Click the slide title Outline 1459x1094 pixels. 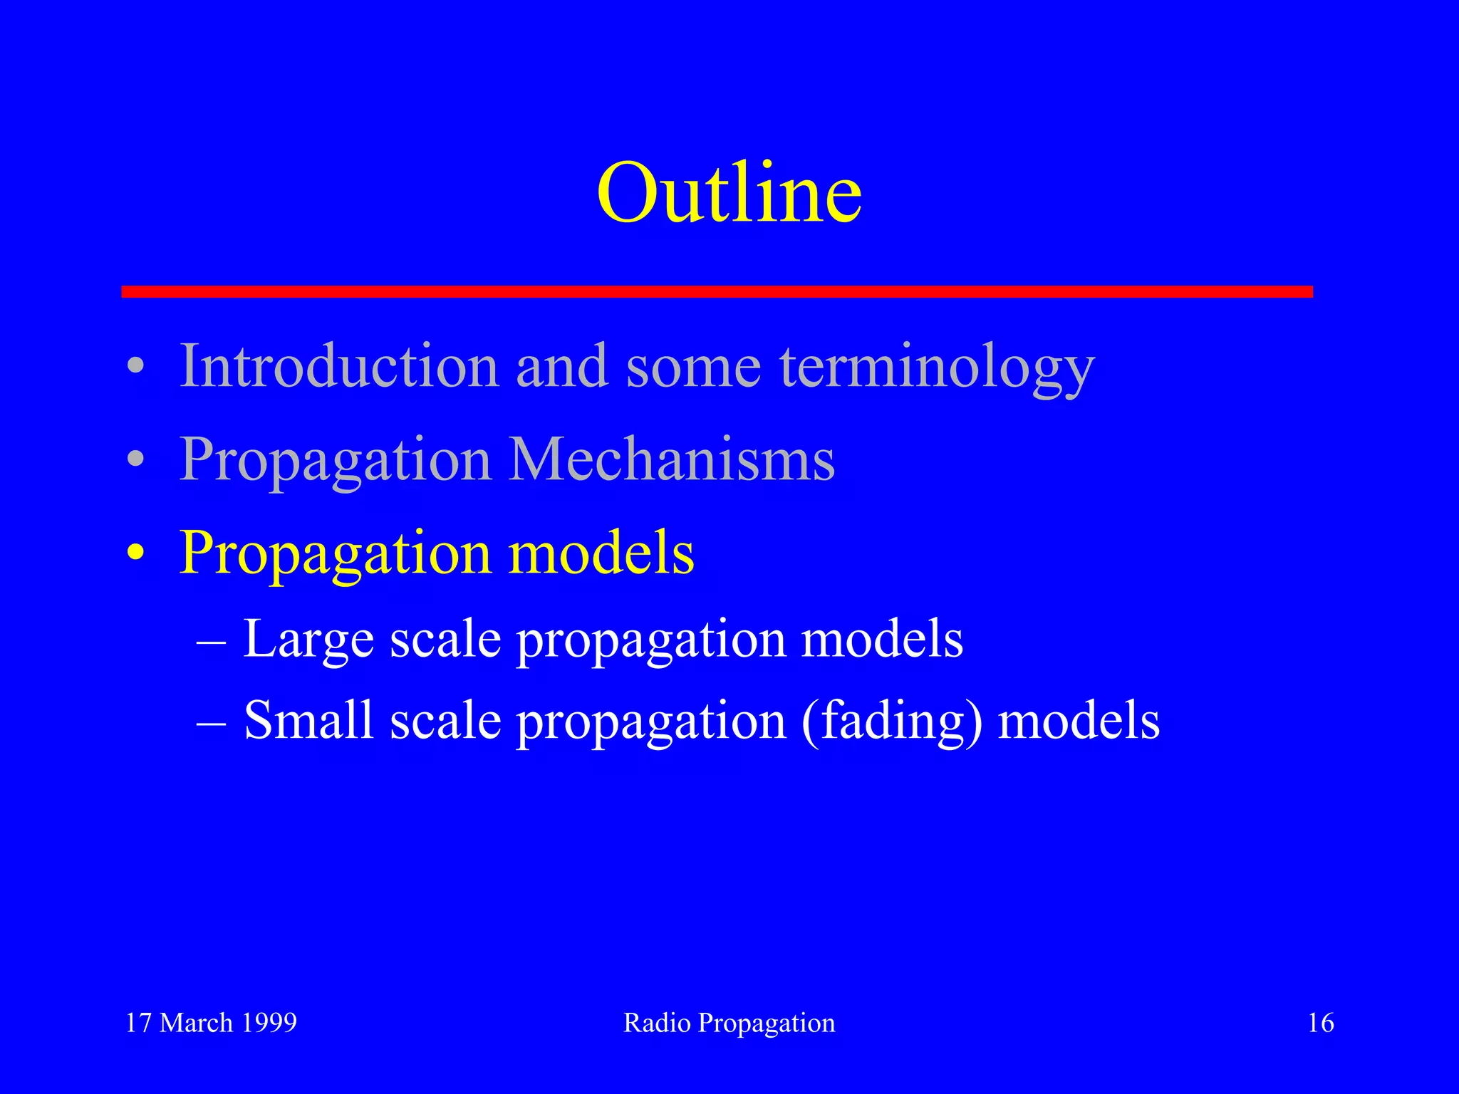[729, 192]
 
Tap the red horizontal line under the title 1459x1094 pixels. [717, 291]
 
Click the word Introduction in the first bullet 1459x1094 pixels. [339, 366]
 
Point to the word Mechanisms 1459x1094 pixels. [671, 459]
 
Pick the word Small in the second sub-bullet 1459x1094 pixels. [308, 720]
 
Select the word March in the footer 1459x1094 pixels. [196, 1023]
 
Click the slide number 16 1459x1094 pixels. [1321, 1023]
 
